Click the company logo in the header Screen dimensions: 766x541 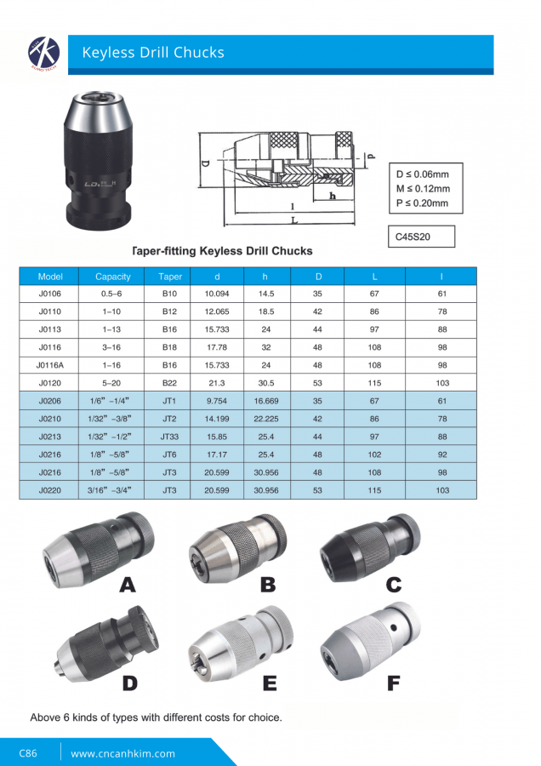pos(41,53)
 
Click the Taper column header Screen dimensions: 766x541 pos(171,277)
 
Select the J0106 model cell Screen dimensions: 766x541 pos(50,294)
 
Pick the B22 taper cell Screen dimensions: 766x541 pos(170,383)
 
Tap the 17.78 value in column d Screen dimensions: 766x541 pos(218,347)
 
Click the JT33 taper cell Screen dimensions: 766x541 pos(170,437)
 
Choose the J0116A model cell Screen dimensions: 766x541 pos(50,365)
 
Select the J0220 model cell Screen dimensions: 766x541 pos(50,490)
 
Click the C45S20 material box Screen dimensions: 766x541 pos(421,237)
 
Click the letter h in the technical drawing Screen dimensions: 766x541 pos(333,196)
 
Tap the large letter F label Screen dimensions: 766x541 pos(393,683)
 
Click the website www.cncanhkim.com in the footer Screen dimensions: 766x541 pos(122,753)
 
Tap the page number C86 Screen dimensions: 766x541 pos(28,753)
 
